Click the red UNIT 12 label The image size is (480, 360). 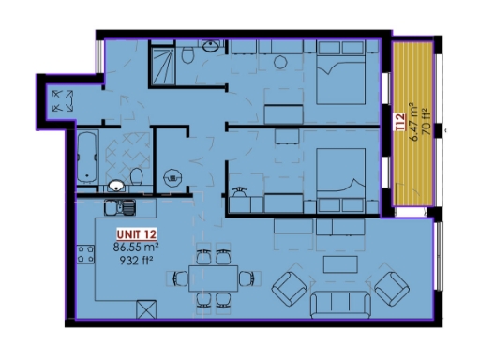click(137, 234)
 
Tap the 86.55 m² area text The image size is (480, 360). click(137, 247)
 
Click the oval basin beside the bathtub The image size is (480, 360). click(115, 185)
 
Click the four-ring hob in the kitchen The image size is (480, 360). click(86, 255)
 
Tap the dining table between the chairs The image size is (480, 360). click(213, 277)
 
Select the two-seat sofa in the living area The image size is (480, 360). click(335, 304)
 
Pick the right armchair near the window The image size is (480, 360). click(391, 288)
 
